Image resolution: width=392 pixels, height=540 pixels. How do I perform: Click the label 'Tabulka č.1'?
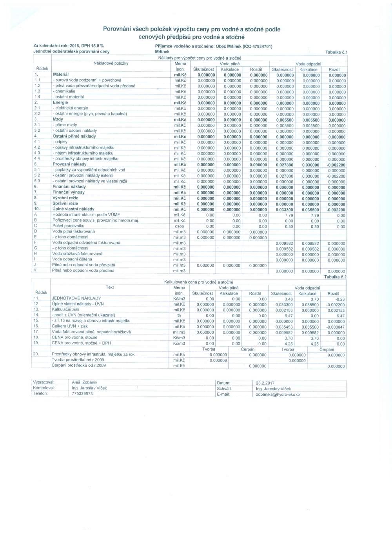tap(336, 52)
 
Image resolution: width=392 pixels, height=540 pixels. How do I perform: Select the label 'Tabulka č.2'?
tap(335, 277)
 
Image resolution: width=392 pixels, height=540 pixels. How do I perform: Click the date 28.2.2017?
tap(265, 383)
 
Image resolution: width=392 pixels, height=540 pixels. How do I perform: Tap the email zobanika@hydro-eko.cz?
tap(278, 394)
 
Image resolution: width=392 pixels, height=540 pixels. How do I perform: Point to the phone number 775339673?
tap(82, 393)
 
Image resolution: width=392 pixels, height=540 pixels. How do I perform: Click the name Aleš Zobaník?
tap(85, 382)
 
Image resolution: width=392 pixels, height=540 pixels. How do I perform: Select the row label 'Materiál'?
tap(61, 74)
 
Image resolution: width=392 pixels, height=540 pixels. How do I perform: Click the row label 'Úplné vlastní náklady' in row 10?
tap(73, 209)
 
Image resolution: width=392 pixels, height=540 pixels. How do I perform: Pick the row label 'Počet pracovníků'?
tap(68, 226)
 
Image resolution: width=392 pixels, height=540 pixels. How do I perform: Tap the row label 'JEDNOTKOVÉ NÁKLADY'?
tap(76, 298)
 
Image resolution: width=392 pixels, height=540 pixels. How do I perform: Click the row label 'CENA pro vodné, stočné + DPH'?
tap(81, 343)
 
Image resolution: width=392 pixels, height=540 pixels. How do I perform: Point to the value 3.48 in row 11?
tap(289, 299)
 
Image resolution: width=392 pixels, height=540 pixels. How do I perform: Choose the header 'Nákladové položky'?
tap(111, 63)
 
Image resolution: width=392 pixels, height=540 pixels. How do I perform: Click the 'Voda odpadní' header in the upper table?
tap(308, 64)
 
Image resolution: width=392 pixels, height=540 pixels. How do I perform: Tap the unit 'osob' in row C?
tap(179, 226)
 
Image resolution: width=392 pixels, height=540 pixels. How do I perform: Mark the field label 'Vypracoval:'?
tap(44, 382)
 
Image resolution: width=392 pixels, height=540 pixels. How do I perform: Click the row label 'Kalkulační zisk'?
tap(65, 309)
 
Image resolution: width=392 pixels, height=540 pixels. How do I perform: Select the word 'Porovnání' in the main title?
tap(116, 29)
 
